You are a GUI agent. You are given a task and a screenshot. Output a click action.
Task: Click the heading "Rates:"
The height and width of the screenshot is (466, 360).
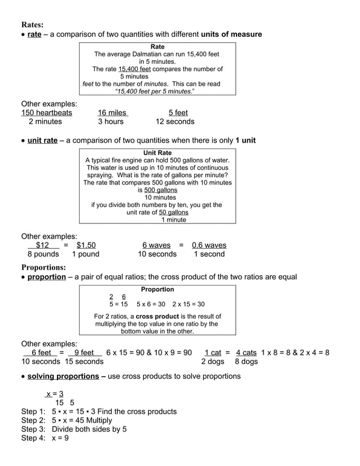click(x=32, y=25)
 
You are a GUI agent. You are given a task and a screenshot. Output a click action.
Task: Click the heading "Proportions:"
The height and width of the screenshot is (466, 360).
click(x=43, y=267)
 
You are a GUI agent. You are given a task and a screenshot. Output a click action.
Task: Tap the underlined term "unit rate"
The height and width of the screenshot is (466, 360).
click(x=42, y=140)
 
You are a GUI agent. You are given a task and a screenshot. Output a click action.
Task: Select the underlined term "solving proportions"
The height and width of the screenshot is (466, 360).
click(x=63, y=376)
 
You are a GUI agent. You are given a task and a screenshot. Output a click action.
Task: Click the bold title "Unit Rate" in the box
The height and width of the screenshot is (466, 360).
click(x=157, y=153)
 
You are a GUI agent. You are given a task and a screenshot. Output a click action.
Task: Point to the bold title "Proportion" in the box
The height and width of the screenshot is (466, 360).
click(x=157, y=289)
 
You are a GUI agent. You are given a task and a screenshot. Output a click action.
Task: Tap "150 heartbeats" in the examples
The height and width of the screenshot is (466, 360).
click(x=47, y=113)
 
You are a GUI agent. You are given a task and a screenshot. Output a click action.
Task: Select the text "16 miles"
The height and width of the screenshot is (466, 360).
click(x=112, y=113)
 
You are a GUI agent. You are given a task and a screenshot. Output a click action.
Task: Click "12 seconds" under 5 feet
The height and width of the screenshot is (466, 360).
click(x=175, y=121)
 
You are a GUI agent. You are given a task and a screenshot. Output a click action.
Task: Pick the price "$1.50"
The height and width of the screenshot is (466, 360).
click(x=86, y=245)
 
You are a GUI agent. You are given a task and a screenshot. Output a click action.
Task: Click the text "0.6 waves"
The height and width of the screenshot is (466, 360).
click(x=209, y=245)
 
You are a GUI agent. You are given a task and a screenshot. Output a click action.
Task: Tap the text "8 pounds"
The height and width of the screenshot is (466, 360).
click(x=39, y=254)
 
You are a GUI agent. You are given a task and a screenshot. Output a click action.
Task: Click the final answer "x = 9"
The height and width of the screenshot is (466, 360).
click(x=60, y=438)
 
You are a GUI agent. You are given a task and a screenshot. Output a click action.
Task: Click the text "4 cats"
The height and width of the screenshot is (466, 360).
click(x=246, y=353)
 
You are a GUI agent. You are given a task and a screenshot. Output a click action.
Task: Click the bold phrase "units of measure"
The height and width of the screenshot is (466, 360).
click(x=231, y=34)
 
